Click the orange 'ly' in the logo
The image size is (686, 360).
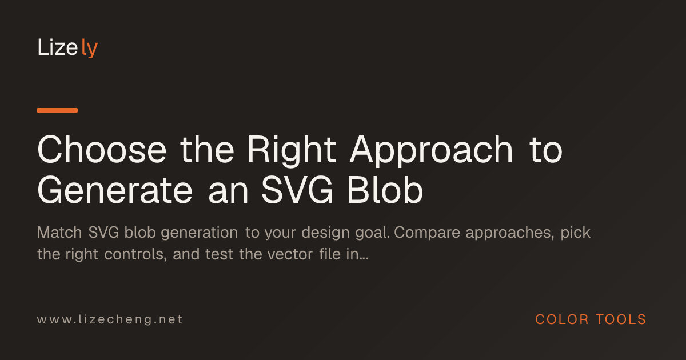coord(89,48)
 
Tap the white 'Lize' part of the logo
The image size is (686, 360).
coord(58,47)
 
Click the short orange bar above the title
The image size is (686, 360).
coord(57,110)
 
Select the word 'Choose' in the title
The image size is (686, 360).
coord(102,150)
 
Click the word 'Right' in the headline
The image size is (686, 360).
coord(292,151)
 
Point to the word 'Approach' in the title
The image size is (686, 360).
coord(432,151)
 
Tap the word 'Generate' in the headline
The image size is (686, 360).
coord(115,190)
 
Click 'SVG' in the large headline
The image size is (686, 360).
coord(297,190)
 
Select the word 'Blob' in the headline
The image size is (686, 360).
coord(385,190)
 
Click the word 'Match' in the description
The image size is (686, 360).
coord(59,233)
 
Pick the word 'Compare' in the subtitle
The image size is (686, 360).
coord(427,233)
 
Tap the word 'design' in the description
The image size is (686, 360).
coord(325,233)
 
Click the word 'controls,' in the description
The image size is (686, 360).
coord(135,254)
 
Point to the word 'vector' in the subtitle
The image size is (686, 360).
coord(290,255)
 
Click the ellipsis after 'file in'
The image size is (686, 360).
coord(364,259)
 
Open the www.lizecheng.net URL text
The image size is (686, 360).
coord(110,319)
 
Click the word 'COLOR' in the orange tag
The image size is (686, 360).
coord(561,319)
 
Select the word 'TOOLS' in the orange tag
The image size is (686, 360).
coord(621,319)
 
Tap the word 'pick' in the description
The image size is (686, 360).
coord(575,233)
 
